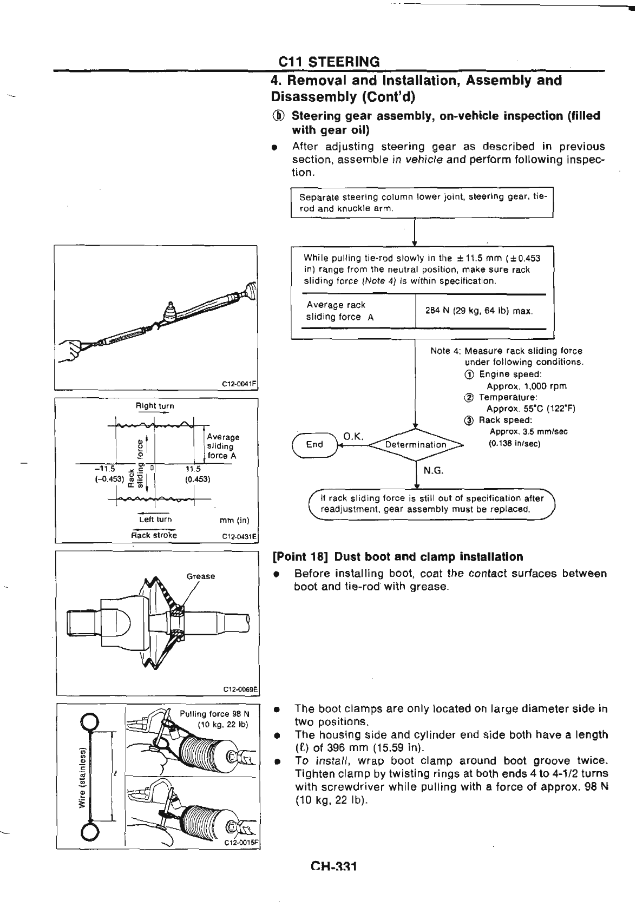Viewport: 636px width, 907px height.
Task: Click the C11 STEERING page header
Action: [329, 61]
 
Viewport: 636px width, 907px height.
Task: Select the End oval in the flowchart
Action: [314, 445]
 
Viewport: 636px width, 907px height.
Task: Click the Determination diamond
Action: [416, 445]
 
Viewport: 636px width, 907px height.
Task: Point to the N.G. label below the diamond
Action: [433, 470]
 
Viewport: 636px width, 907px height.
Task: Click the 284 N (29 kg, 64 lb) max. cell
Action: [480, 311]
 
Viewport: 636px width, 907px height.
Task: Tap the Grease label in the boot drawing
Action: [201, 576]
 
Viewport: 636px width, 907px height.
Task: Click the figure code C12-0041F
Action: [238, 384]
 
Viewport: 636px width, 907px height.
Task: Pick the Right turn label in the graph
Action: [155, 406]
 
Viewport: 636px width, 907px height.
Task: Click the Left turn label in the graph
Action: [155, 520]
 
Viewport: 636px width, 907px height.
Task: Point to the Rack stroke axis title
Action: [154, 536]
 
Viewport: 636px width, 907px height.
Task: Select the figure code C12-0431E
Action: [238, 537]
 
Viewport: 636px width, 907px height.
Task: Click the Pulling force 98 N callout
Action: [213, 714]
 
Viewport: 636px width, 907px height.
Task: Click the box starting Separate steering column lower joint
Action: [422, 202]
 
